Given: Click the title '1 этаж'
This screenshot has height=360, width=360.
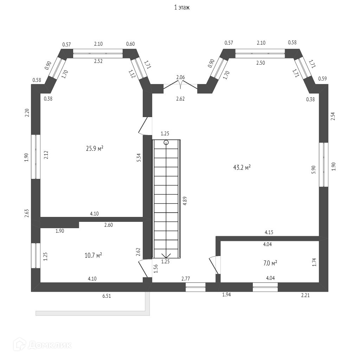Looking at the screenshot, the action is click(x=182, y=7).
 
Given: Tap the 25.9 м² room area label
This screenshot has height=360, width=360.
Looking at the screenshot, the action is click(x=95, y=149).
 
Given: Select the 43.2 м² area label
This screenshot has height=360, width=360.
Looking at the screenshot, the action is click(x=242, y=168).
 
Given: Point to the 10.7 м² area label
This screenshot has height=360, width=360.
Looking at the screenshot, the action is click(x=93, y=255).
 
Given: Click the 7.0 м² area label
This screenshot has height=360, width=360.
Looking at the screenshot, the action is click(x=270, y=263).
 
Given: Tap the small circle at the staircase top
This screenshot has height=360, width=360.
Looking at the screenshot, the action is click(x=166, y=142).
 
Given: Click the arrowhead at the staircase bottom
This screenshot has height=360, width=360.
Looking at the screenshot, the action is click(x=166, y=255).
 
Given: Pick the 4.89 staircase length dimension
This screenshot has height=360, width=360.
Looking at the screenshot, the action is click(x=185, y=200).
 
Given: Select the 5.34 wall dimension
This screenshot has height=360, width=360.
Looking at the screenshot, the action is click(x=139, y=157).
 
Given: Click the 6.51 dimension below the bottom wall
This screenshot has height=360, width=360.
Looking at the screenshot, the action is click(x=107, y=296).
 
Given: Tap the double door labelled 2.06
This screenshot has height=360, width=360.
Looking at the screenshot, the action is click(x=180, y=85).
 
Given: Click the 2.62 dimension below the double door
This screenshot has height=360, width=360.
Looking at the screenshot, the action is click(x=180, y=99).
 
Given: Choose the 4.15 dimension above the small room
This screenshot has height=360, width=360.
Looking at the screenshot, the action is click(x=269, y=232).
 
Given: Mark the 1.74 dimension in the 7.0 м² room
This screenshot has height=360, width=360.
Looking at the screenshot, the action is click(x=314, y=262).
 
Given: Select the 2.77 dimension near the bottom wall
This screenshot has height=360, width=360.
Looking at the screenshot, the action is click(x=186, y=278).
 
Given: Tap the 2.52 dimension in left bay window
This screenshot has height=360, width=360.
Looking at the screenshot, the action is click(x=98, y=61).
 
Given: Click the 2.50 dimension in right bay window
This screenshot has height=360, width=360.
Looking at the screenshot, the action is click(x=261, y=63).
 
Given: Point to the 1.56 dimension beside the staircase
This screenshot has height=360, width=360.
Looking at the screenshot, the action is click(x=156, y=269).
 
